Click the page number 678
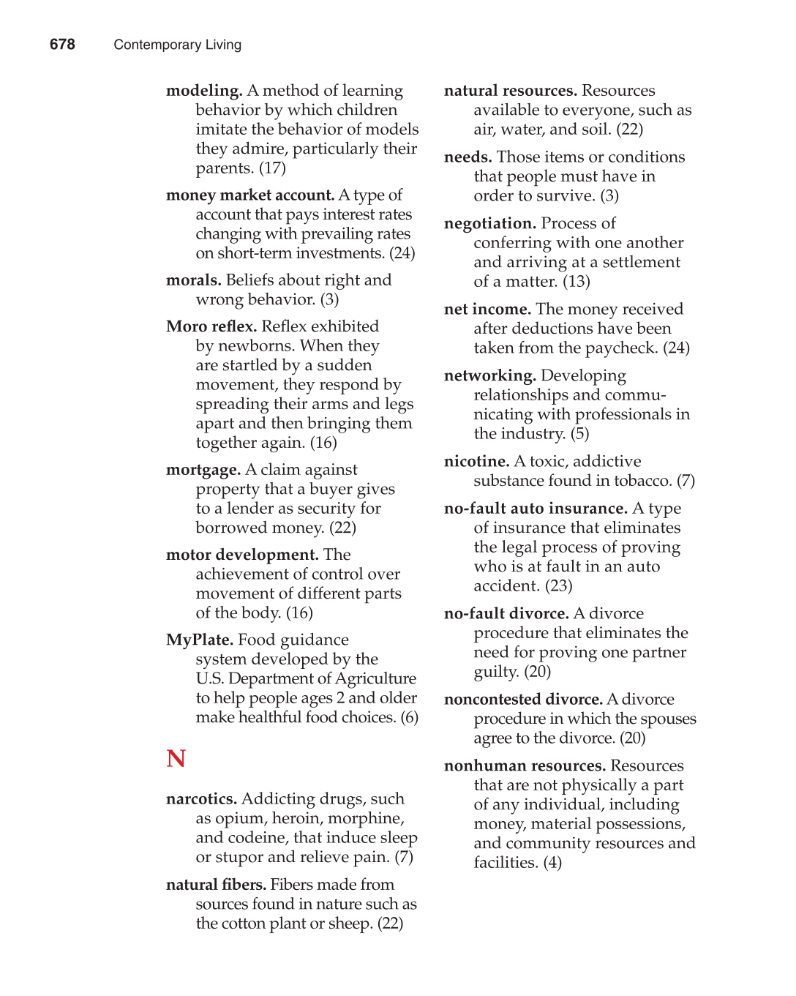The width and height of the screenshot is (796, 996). point(62,45)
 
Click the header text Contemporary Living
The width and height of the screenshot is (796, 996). point(177,45)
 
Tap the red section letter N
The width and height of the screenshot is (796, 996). point(176,758)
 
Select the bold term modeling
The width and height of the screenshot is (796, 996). point(204,91)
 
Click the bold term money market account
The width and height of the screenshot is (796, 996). point(249,195)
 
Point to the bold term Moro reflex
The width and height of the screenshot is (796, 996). point(211,326)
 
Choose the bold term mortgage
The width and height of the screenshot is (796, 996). point(203,470)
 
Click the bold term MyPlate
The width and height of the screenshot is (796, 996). point(199,640)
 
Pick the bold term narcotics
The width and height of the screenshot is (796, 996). point(201,799)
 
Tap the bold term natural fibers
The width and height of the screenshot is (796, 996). point(216,885)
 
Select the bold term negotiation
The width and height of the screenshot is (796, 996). point(489,223)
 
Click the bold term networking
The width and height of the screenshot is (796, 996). point(489,375)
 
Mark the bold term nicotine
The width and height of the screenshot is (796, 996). point(476,462)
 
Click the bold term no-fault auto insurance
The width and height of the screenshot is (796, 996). point(536,509)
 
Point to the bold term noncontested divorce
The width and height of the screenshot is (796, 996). point(523,700)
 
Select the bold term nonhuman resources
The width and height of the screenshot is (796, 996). point(525,766)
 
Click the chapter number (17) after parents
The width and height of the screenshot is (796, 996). point(272,168)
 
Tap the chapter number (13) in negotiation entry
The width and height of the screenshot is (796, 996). point(577,282)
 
